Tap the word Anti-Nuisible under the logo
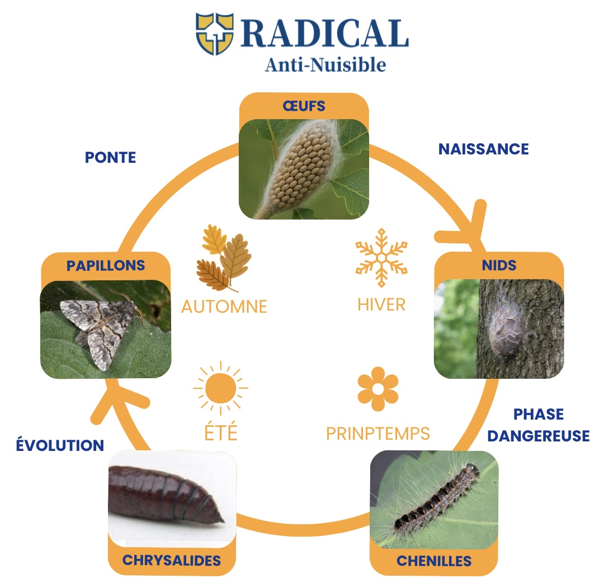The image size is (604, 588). pyautogui.click(x=325, y=65)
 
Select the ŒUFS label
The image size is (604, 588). pyautogui.click(x=304, y=106)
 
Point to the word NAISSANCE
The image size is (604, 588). pyautogui.click(x=483, y=149)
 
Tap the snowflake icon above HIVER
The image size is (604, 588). pyautogui.click(x=381, y=257)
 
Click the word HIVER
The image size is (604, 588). pyautogui.click(x=381, y=304)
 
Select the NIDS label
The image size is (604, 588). pyautogui.click(x=499, y=265)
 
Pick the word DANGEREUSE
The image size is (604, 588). pyautogui.click(x=539, y=435)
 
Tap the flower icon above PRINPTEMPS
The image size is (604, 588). pyautogui.click(x=378, y=388)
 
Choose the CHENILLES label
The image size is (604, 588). pyautogui.click(x=434, y=560)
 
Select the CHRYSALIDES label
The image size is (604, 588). pyautogui.click(x=172, y=560)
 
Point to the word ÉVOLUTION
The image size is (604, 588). pyautogui.click(x=60, y=445)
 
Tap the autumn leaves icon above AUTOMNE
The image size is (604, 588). pyautogui.click(x=223, y=257)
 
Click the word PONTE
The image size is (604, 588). pyautogui.click(x=110, y=157)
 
